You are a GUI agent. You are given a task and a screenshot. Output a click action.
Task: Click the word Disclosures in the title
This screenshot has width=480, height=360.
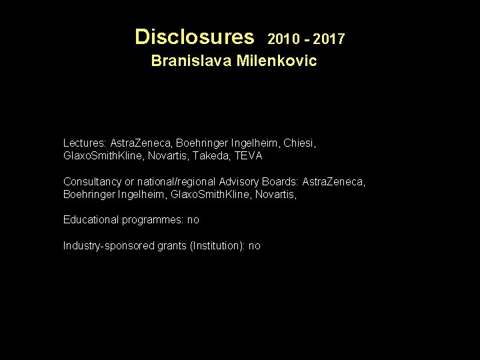(194, 36)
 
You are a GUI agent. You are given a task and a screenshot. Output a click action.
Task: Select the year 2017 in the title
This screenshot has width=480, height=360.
(329, 39)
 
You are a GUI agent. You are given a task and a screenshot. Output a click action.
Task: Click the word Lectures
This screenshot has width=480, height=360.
(85, 143)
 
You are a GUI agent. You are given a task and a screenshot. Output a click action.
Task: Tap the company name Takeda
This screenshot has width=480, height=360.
(211, 156)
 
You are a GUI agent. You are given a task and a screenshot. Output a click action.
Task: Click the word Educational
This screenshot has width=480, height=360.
(90, 219)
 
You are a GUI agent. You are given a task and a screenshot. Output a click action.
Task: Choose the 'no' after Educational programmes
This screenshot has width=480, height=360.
(193, 220)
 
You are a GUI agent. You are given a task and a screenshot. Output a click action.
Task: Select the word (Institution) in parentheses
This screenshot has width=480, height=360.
(217, 246)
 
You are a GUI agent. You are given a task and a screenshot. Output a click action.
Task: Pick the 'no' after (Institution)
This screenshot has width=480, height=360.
(254, 246)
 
